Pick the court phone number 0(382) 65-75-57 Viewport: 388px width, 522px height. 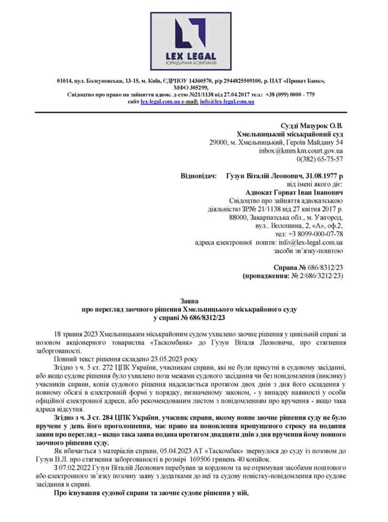pyautogui.click(x=319, y=159)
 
